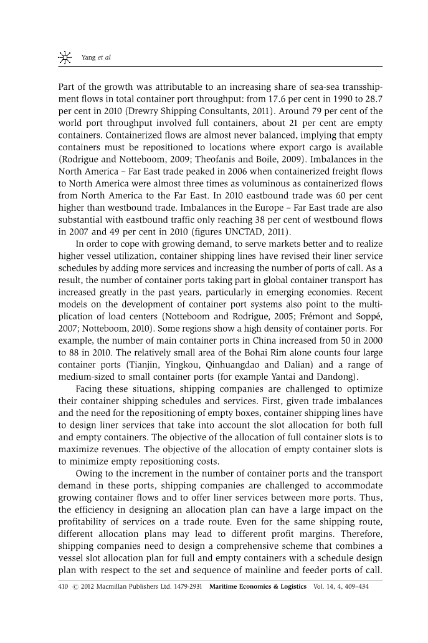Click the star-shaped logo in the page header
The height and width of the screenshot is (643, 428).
pyautogui.click(x=64, y=58)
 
